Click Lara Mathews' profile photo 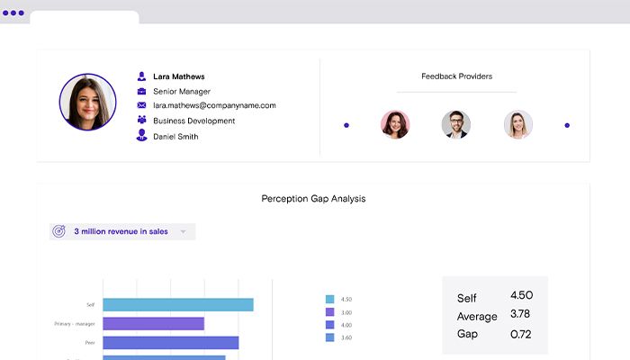click(x=87, y=102)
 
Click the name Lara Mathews click(x=178, y=76)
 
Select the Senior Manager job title click(x=182, y=91)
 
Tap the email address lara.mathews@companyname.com click(x=214, y=105)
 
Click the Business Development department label click(x=193, y=121)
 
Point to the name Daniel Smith click(x=175, y=137)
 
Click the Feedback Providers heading click(x=456, y=76)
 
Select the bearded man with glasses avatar click(x=455, y=125)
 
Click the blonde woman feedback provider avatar click(x=517, y=125)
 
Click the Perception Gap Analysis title click(x=313, y=198)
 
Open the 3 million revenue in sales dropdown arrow click(x=183, y=231)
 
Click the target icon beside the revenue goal click(x=59, y=231)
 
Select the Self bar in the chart click(x=177, y=305)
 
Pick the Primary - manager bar click(x=153, y=324)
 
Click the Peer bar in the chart click(x=170, y=343)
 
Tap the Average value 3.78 click(x=520, y=313)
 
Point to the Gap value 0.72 click(x=520, y=333)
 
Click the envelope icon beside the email click(x=141, y=105)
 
